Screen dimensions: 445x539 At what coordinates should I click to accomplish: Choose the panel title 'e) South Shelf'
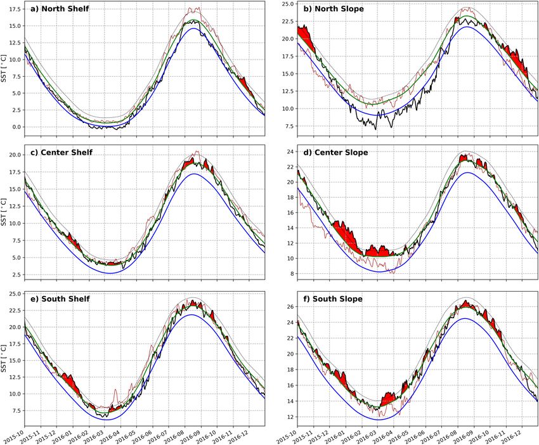[59, 299]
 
